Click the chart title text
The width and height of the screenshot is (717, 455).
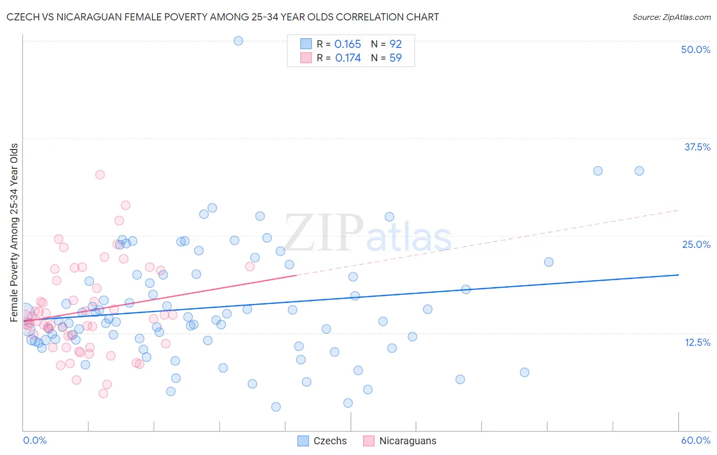pyautogui.click(x=223, y=17)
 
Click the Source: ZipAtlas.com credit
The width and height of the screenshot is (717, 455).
pyautogui.click(x=671, y=17)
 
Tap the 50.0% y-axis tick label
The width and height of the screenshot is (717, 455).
pyautogui.click(x=696, y=49)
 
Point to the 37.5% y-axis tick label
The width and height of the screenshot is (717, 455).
pyautogui.click(x=697, y=147)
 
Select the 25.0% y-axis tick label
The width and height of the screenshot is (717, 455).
pyautogui.click(x=696, y=244)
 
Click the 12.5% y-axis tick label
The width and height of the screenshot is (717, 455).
pyautogui.click(x=697, y=342)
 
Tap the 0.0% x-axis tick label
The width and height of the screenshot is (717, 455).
pyautogui.click(x=35, y=440)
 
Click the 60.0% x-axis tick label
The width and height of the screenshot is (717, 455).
pyautogui.click(x=696, y=440)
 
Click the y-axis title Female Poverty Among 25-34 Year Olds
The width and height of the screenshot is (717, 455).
pyautogui.click(x=14, y=233)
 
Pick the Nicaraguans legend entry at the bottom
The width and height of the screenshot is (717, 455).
pyautogui.click(x=399, y=441)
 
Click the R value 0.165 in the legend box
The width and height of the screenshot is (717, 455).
pyautogui.click(x=348, y=44)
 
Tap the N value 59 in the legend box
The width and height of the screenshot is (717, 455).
pyautogui.click(x=396, y=58)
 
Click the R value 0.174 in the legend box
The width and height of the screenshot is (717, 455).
pyautogui.click(x=348, y=58)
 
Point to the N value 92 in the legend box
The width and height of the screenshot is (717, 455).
pyautogui.click(x=396, y=44)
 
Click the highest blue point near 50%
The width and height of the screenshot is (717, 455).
pyautogui.click(x=238, y=41)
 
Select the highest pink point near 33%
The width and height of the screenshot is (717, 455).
pyautogui.click(x=100, y=174)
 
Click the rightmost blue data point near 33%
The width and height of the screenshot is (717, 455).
pyautogui.click(x=639, y=171)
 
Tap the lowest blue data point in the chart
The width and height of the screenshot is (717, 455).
pyautogui.click(x=276, y=407)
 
